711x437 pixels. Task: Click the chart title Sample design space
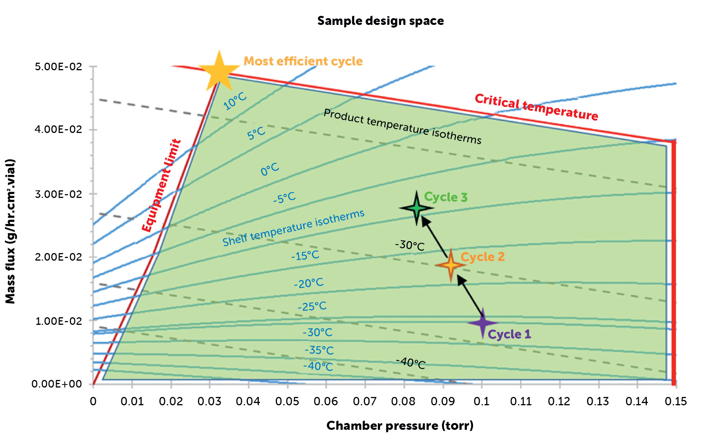coord(380,21)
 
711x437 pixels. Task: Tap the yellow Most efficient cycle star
coord(219,71)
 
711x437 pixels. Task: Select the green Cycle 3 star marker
coord(416,208)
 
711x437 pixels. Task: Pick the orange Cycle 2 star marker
coord(450,265)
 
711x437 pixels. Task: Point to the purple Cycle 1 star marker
coord(482,323)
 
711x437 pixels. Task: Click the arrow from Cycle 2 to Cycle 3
coord(435,236)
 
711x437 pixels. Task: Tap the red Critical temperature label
coord(536,107)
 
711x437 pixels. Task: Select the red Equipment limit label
coord(161,185)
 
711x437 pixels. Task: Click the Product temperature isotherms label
coord(402,127)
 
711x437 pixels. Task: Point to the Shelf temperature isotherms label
coord(293,228)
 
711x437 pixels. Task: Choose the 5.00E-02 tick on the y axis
coord(59,67)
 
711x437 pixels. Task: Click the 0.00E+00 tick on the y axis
coord(57,384)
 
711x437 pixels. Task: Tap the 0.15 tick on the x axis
coord(675,401)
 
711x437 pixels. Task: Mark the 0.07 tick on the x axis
coord(365,401)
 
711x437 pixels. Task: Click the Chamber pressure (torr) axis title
coord(400,426)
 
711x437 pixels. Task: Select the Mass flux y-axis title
coord(10,231)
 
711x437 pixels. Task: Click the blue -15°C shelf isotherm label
coord(305,256)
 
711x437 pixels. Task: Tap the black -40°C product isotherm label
coord(411,363)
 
